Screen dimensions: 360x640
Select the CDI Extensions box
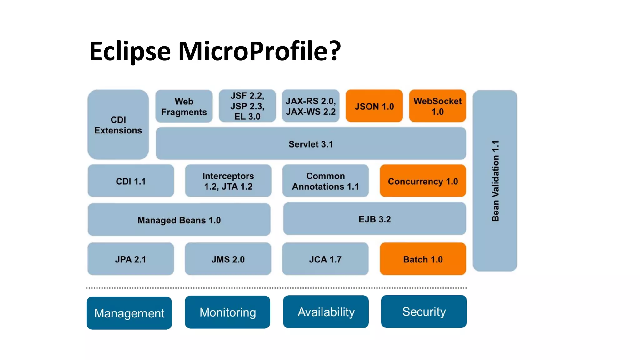118,125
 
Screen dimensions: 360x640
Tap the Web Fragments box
184,106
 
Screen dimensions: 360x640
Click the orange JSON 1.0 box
374,106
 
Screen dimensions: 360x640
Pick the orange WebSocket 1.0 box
437,106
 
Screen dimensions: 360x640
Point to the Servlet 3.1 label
311,144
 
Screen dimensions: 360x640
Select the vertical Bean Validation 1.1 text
495,181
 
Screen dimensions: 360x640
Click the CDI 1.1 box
131,181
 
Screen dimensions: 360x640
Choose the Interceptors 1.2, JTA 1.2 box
228,181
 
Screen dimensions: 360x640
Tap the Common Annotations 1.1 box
325,181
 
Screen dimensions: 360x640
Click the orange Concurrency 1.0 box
423,181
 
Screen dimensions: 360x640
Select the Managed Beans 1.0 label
179,220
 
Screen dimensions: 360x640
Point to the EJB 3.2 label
374,219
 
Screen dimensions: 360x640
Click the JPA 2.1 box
131,259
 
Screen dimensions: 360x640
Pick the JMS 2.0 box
228,259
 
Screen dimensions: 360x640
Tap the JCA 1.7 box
325,259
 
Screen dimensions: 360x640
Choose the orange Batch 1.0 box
423,259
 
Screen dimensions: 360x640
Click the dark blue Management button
129,313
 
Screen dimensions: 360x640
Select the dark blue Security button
424,312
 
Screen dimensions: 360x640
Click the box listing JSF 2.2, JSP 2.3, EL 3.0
247,106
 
